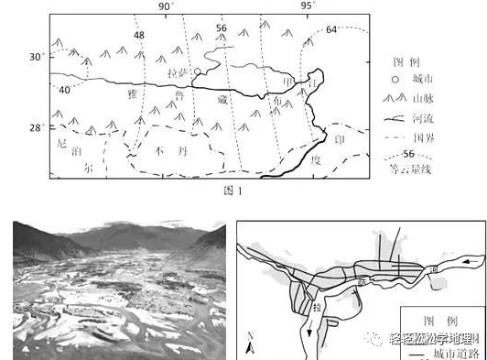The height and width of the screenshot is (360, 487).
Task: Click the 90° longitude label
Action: [166, 6]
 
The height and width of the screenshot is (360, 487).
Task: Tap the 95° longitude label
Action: [308, 6]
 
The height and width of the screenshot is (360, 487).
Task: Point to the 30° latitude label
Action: [35, 57]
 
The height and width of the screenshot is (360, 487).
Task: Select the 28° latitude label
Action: [35, 127]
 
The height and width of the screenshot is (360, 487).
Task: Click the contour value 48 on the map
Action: [139, 35]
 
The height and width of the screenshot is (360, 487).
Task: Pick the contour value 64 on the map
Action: [331, 29]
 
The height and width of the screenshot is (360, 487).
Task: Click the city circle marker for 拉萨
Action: [198, 71]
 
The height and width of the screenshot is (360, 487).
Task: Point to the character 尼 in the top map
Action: [62, 144]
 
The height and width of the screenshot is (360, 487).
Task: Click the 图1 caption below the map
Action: [233, 191]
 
